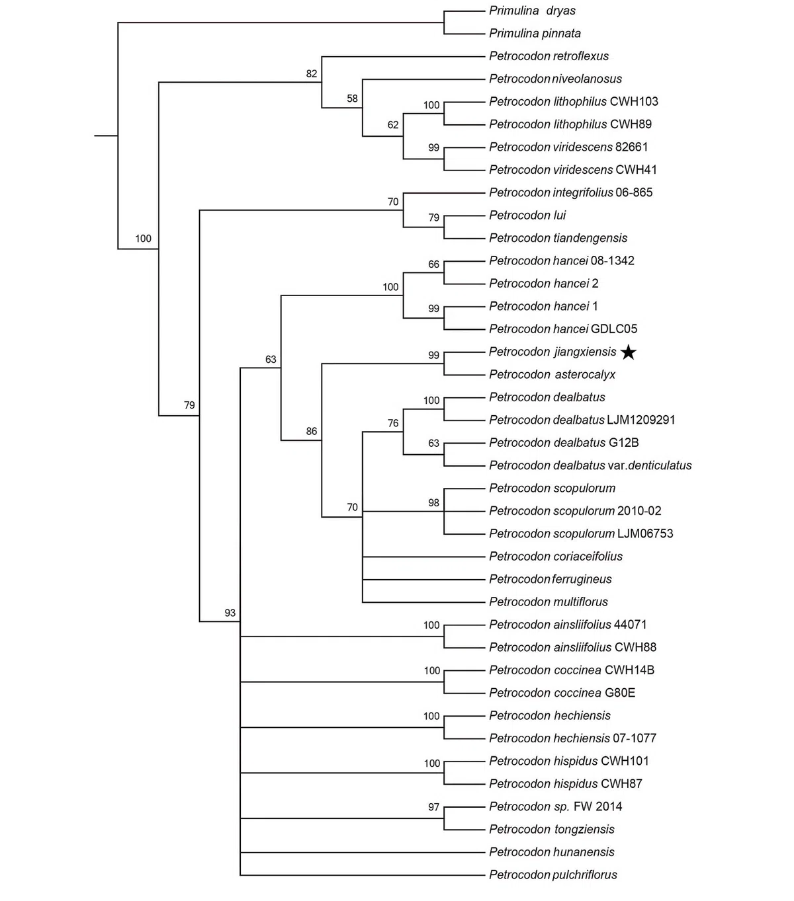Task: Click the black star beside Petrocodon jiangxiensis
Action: pos(628,352)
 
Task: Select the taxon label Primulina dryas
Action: pos(532,11)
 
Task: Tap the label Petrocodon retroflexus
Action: pos(549,56)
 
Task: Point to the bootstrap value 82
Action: pos(311,73)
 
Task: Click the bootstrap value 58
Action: pos(352,98)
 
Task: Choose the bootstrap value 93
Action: pos(230,613)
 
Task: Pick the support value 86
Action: pos(311,431)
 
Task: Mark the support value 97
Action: pos(433,806)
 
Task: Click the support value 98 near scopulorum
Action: pos(433,502)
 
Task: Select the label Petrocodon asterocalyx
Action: pos(552,375)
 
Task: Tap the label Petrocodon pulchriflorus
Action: pos(552,875)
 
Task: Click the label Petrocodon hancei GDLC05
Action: pos(563,329)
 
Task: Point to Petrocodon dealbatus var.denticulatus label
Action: pos(590,465)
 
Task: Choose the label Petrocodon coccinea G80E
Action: pos(562,693)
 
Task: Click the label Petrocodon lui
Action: pos(527,215)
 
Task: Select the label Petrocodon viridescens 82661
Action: pos(568,147)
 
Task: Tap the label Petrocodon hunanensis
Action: pos(551,852)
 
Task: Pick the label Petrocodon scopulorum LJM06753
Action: pos(581,533)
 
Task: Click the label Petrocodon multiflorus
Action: pos(548,602)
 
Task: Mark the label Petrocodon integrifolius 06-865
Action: pos(570,192)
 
